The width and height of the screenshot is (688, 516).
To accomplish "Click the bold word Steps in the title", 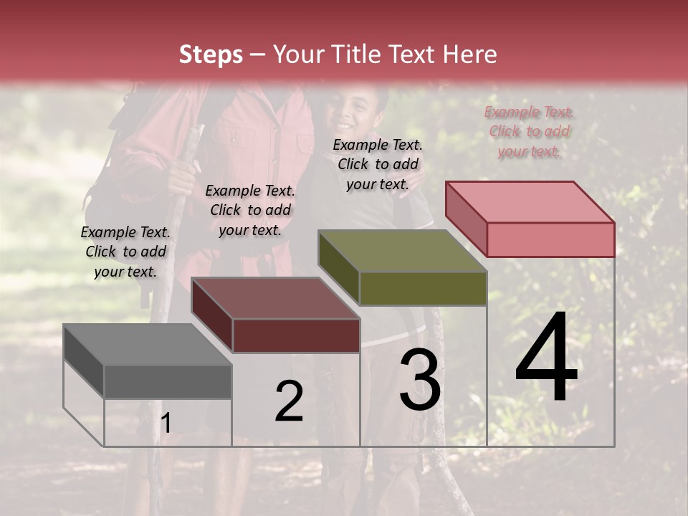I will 211,54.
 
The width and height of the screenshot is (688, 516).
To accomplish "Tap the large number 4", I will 546,360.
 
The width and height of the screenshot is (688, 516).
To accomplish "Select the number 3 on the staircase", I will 420,381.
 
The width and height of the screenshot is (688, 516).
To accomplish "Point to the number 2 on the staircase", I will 289,402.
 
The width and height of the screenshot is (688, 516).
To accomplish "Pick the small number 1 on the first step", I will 166,424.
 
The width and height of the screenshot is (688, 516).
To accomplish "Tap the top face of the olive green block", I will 402,251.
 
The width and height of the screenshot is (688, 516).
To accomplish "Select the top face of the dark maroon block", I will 275,298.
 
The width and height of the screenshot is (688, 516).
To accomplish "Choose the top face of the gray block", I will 148,345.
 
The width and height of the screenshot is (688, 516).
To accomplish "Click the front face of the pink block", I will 550,239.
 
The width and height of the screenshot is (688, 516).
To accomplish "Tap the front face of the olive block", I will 423,288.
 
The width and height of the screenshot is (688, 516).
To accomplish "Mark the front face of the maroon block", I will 296,335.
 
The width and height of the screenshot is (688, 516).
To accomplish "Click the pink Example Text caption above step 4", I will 529,132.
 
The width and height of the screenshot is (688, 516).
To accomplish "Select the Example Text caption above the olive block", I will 378,164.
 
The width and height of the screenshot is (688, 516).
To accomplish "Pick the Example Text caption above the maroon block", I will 250,210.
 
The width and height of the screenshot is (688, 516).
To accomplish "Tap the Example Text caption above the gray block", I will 125,252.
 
